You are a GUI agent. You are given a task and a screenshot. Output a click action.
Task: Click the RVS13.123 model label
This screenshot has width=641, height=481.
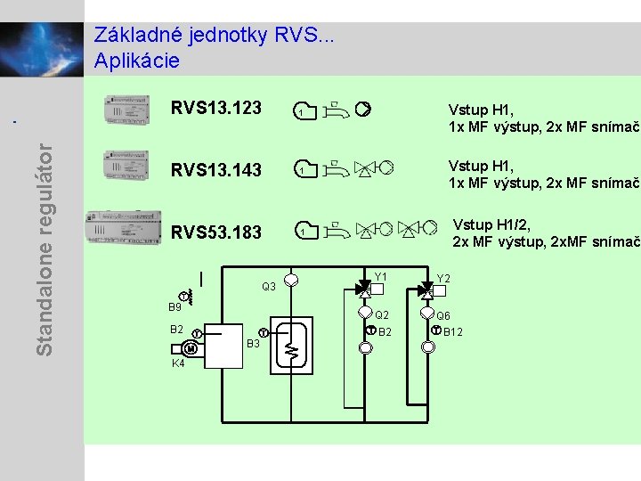pos(216,108)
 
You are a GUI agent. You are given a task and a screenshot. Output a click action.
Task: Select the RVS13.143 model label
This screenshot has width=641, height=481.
pos(216,169)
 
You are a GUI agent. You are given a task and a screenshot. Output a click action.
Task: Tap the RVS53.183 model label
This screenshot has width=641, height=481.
pos(216,232)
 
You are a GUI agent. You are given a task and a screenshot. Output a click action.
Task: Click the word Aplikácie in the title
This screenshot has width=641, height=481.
pos(137,61)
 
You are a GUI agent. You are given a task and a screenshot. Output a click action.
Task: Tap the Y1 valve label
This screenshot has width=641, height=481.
pos(381,277)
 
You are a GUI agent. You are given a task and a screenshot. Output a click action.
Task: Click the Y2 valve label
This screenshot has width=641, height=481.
pos(443,278)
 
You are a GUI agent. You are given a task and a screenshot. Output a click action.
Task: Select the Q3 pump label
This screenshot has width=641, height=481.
pos(269,287)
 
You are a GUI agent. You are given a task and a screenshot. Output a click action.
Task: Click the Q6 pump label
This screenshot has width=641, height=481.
pos(443,315)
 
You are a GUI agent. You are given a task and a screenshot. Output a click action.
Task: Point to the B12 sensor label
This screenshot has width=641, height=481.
pos(452,332)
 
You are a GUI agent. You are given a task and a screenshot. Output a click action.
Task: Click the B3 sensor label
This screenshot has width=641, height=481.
pos(253,344)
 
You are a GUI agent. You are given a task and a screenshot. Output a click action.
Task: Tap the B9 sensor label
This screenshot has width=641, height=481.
pos(174,307)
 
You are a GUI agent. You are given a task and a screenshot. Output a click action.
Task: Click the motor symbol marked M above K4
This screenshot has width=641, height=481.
pos(204,348)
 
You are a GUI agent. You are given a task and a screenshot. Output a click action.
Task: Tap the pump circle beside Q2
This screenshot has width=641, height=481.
pos(365,314)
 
